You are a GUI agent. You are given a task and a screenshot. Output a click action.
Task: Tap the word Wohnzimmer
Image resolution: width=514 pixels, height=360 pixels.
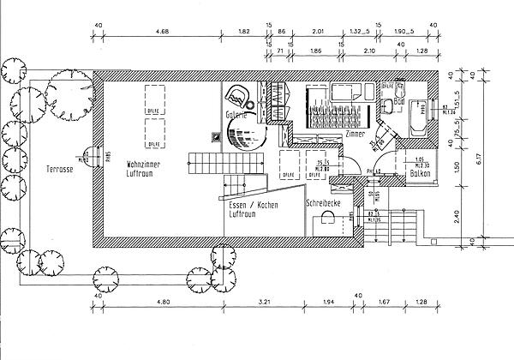[145, 163]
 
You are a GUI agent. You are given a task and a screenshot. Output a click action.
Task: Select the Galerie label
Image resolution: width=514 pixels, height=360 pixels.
[236, 114]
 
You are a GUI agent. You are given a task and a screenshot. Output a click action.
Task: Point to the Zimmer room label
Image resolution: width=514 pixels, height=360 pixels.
[356, 135]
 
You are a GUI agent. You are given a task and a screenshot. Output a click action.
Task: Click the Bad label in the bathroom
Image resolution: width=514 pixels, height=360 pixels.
[387, 111]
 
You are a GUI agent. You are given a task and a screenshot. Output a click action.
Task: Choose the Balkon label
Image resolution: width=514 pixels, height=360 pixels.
[420, 173]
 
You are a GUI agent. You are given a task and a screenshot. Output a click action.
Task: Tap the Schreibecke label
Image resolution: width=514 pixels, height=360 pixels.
[324, 202]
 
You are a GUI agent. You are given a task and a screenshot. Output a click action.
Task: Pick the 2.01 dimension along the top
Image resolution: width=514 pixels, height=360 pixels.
[319, 33]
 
